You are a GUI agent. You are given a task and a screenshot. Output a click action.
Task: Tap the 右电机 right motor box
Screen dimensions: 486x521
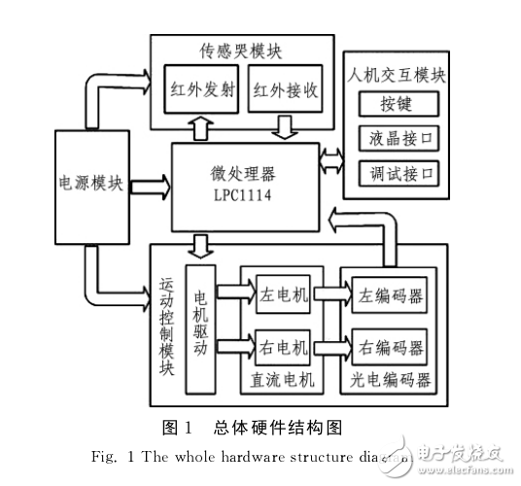click(282, 346)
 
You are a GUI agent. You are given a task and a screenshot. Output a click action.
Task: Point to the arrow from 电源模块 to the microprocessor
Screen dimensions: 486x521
click(147, 182)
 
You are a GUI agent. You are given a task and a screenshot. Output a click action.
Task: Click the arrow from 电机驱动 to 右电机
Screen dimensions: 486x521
click(234, 344)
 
